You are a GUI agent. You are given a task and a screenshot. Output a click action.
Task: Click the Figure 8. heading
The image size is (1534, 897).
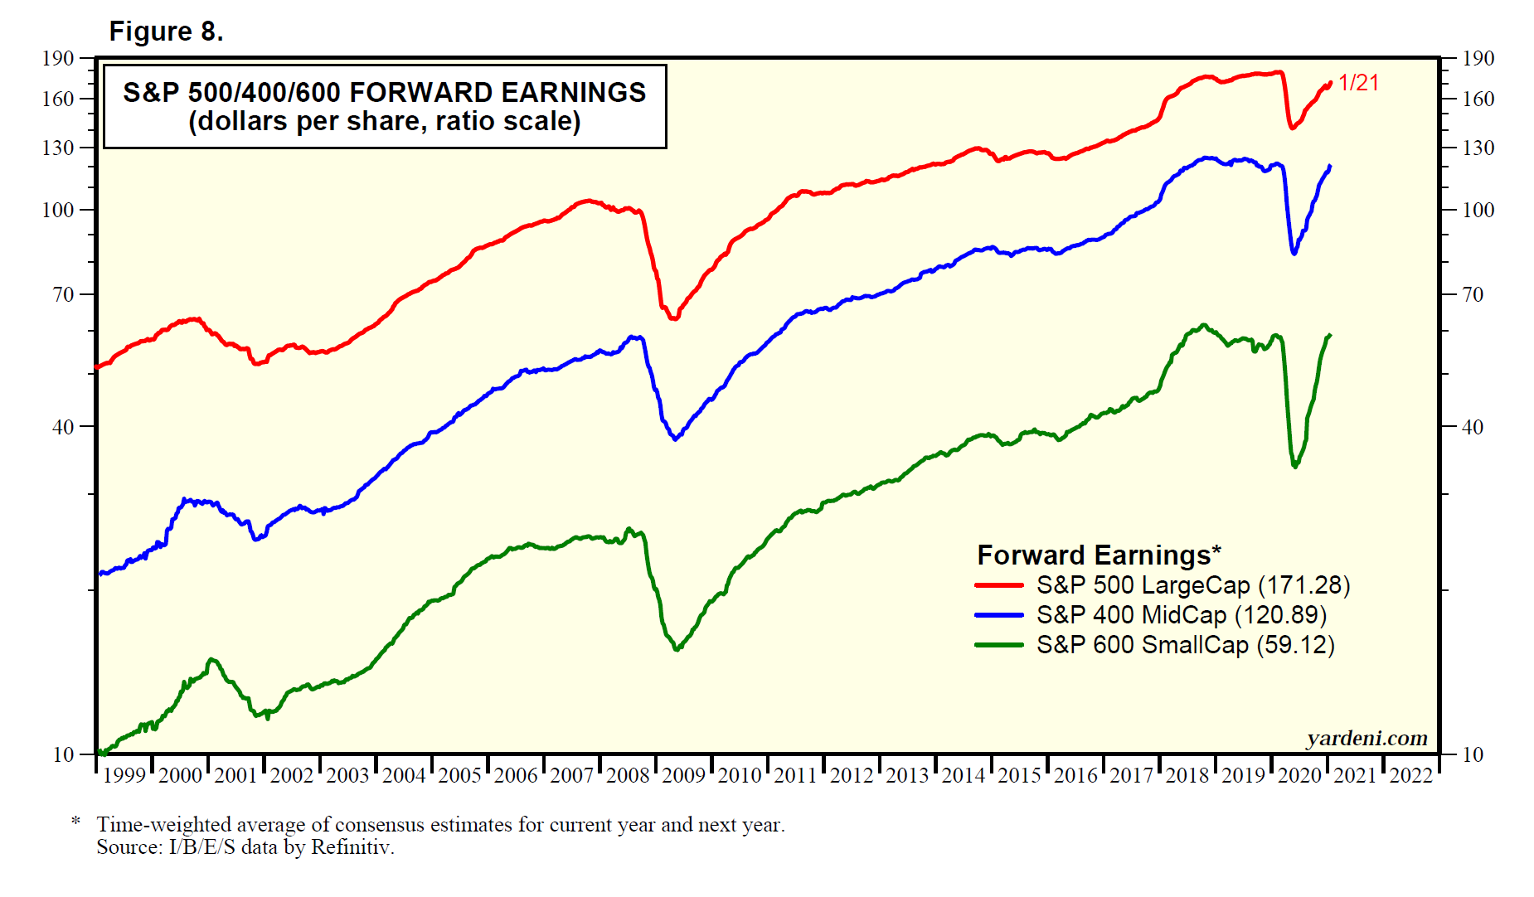tap(166, 32)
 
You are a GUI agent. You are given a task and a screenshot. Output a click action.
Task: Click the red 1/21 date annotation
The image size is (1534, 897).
tap(1358, 83)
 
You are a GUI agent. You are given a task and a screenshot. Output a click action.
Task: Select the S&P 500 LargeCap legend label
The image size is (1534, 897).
tap(1192, 585)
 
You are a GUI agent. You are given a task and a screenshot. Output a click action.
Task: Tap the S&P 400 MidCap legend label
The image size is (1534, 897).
tap(1181, 615)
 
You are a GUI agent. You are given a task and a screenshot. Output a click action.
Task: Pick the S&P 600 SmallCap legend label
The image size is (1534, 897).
tap(1185, 645)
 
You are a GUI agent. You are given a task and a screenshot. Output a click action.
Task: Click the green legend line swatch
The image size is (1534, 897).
tap(999, 645)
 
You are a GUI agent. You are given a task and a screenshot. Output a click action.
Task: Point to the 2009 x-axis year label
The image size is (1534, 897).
tap(683, 775)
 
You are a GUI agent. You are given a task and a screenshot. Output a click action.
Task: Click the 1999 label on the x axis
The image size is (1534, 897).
tap(124, 775)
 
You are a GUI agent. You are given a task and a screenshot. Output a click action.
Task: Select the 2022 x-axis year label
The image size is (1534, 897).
tap(1410, 775)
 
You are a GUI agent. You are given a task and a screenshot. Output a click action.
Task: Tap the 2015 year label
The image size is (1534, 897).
tap(1019, 775)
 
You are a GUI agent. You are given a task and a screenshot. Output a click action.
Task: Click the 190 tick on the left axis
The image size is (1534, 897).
tap(58, 58)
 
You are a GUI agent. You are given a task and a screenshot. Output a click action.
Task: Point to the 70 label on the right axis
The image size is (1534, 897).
tap(1473, 294)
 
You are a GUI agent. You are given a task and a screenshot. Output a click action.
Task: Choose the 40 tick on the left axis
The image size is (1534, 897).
tap(63, 427)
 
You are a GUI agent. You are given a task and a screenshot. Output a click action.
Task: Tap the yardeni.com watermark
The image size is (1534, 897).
tap(1367, 738)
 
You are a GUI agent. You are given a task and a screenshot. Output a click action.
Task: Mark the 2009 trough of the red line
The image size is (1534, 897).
tap(673, 318)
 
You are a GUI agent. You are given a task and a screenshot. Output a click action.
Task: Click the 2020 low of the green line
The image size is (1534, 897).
tap(1294, 467)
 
